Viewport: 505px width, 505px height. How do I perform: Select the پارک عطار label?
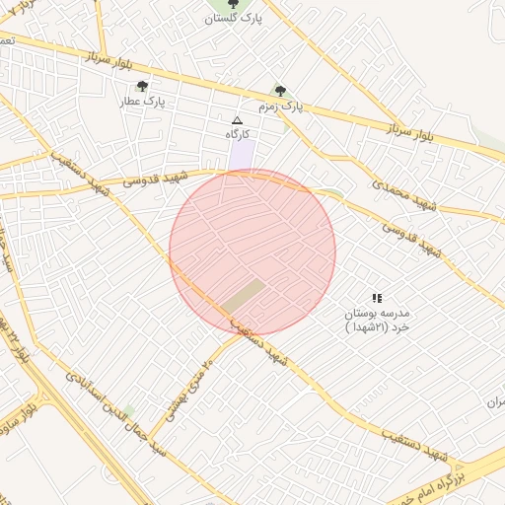(140, 101)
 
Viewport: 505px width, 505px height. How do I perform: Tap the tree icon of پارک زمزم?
(280, 91)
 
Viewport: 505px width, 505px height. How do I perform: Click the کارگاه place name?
(237, 134)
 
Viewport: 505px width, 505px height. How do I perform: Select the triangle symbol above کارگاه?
(237, 119)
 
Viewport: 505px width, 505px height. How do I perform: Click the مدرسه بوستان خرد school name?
(375, 313)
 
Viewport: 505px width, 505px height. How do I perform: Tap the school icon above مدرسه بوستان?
(376, 298)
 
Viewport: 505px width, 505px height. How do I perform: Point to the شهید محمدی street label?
(404, 193)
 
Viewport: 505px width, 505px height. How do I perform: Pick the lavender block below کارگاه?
(241, 156)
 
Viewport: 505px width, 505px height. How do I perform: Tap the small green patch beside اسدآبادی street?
(129, 410)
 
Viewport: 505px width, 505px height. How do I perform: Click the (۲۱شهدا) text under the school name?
(375, 326)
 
